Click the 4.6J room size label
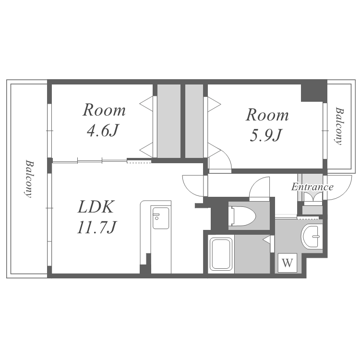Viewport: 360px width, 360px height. (x=103, y=131)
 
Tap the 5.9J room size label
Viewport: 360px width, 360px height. (x=265, y=135)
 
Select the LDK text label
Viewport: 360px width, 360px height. (x=96, y=207)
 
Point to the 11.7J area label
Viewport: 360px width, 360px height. (x=97, y=227)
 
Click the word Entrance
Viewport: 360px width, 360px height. (x=312, y=187)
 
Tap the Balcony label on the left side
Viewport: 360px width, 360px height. (x=29, y=179)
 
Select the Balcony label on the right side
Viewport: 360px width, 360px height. (x=339, y=126)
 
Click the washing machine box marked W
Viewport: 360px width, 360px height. (x=288, y=263)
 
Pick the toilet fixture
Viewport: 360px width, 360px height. (x=243, y=216)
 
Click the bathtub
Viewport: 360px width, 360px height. (x=221, y=254)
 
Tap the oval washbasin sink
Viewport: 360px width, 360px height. (x=310, y=236)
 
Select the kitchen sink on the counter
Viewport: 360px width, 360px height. (x=161, y=218)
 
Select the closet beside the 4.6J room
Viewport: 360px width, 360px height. (x=169, y=121)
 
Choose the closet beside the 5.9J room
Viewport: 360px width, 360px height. (x=194, y=121)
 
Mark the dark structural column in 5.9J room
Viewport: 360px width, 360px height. (x=313, y=91)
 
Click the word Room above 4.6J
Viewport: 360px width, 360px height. (x=104, y=110)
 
